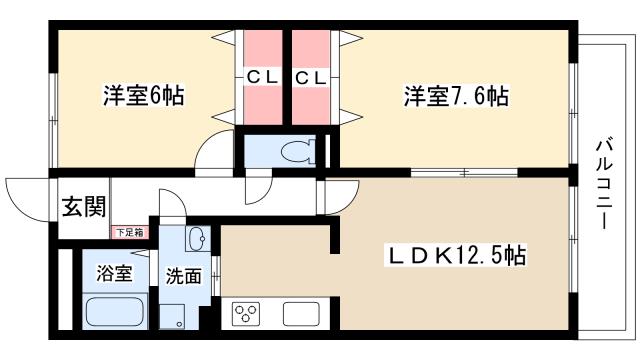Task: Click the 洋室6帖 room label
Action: pyautogui.click(x=144, y=97)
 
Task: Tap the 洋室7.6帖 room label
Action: pyautogui.click(x=456, y=97)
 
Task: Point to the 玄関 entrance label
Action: pyautogui.click(x=84, y=207)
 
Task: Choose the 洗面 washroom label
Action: pyautogui.click(x=184, y=275)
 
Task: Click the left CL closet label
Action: pyautogui.click(x=261, y=76)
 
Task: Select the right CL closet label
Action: pyautogui.click(x=310, y=76)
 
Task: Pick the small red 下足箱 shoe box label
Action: pyautogui.click(x=127, y=232)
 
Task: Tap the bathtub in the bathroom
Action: pyautogui.click(x=116, y=312)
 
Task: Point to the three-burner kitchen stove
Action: pyautogui.click(x=246, y=313)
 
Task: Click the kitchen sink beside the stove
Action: pyautogui.click(x=299, y=313)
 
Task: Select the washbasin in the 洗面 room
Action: pyautogui.click(x=197, y=238)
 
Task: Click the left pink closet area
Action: pyautogui.click(x=261, y=100)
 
